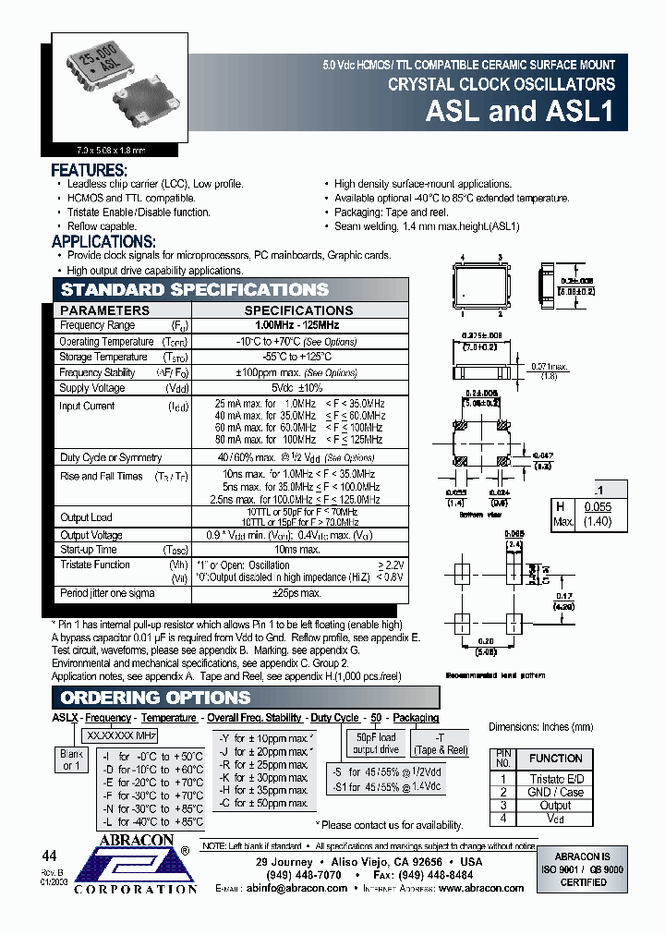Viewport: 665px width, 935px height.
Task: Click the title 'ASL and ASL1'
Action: coord(520,112)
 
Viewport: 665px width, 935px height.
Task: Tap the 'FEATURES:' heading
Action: coord(89,171)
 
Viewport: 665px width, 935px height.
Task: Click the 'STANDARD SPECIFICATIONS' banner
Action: coord(194,290)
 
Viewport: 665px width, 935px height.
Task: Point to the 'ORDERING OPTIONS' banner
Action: coord(155,698)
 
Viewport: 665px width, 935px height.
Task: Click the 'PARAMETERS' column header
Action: coord(104,310)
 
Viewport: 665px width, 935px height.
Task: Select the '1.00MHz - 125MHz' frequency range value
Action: coord(297,325)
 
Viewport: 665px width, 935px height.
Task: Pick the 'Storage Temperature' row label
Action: coord(103,357)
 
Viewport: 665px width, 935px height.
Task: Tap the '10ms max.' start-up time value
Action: coord(297,550)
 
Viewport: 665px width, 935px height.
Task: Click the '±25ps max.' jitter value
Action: coord(297,592)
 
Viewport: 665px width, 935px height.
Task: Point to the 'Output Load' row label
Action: coord(86,517)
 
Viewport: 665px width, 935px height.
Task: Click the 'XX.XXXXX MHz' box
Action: coord(121,735)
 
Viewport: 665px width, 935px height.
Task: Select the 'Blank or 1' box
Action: coord(71,759)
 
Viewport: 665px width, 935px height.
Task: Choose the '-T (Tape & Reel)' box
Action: coord(440,743)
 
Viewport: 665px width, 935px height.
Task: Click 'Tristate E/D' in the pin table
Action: coord(555,779)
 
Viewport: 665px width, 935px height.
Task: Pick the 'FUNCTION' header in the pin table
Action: coord(555,758)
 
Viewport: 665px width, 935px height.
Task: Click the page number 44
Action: coord(51,854)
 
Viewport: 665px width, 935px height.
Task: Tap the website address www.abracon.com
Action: coord(481,888)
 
